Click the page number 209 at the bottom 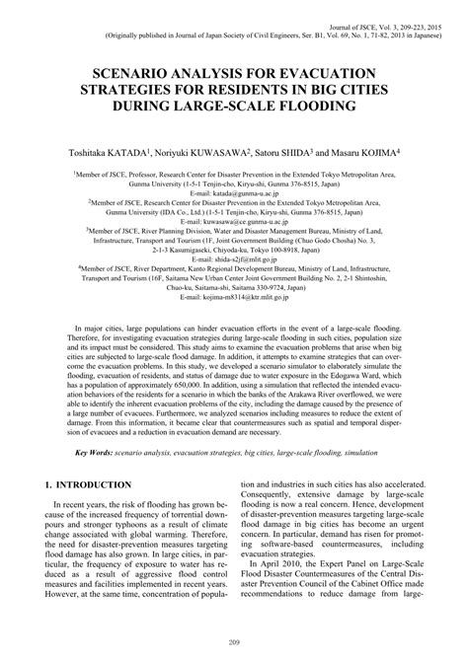click(x=234, y=644)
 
